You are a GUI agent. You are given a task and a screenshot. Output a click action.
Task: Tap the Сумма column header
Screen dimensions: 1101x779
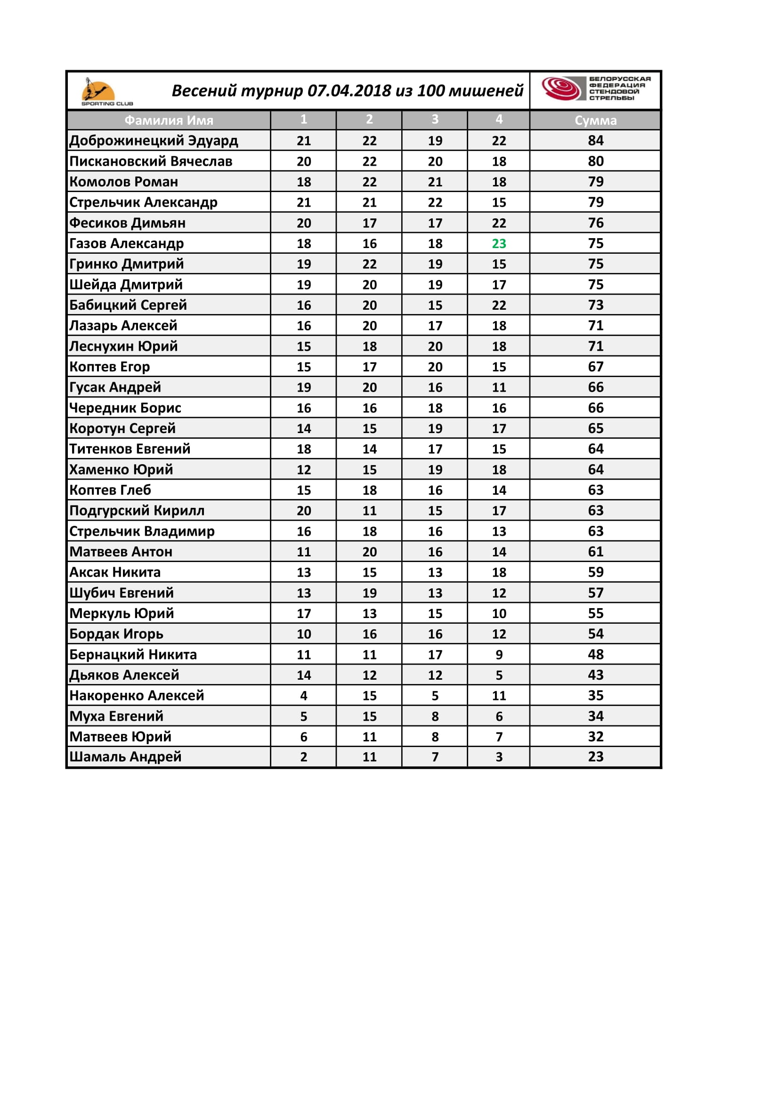pyautogui.click(x=595, y=121)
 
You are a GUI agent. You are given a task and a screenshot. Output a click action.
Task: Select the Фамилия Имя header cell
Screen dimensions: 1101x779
pyautogui.click(x=169, y=121)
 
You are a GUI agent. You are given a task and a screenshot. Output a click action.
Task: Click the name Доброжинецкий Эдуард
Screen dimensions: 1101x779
pyautogui.click(x=154, y=140)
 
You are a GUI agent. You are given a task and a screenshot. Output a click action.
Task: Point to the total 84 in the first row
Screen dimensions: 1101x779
pyautogui.click(x=595, y=140)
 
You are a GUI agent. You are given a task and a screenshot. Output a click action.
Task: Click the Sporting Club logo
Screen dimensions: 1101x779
pyautogui.click(x=101, y=91)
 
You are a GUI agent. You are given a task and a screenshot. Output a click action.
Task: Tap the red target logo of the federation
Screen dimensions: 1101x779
pyautogui.click(x=561, y=88)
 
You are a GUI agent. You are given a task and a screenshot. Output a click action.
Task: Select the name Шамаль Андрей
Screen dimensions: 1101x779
pyautogui.click(x=125, y=757)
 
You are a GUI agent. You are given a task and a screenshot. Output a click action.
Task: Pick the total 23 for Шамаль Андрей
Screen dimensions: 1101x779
pyautogui.click(x=595, y=757)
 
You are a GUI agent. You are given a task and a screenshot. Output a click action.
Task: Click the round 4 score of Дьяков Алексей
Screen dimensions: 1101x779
pyautogui.click(x=499, y=675)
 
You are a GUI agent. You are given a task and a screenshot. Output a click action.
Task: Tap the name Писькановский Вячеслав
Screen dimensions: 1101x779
pyautogui.click(x=151, y=161)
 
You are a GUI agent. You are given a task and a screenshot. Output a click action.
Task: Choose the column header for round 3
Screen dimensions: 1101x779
pyautogui.click(x=435, y=120)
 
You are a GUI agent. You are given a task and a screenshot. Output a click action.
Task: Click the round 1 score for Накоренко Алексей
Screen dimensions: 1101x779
pyautogui.click(x=304, y=696)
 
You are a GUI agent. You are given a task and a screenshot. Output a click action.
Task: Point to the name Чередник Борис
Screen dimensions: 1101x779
pyautogui.click(x=125, y=408)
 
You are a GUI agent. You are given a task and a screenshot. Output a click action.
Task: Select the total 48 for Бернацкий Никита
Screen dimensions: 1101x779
pyautogui.click(x=595, y=655)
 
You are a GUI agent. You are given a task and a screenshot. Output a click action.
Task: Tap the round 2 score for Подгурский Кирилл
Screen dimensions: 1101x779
pyautogui.click(x=369, y=511)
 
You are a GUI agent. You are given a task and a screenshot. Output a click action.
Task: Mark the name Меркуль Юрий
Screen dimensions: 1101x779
pyautogui.click(x=122, y=613)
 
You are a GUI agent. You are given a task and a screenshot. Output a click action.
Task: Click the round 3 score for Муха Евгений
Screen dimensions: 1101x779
pyautogui.click(x=435, y=716)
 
